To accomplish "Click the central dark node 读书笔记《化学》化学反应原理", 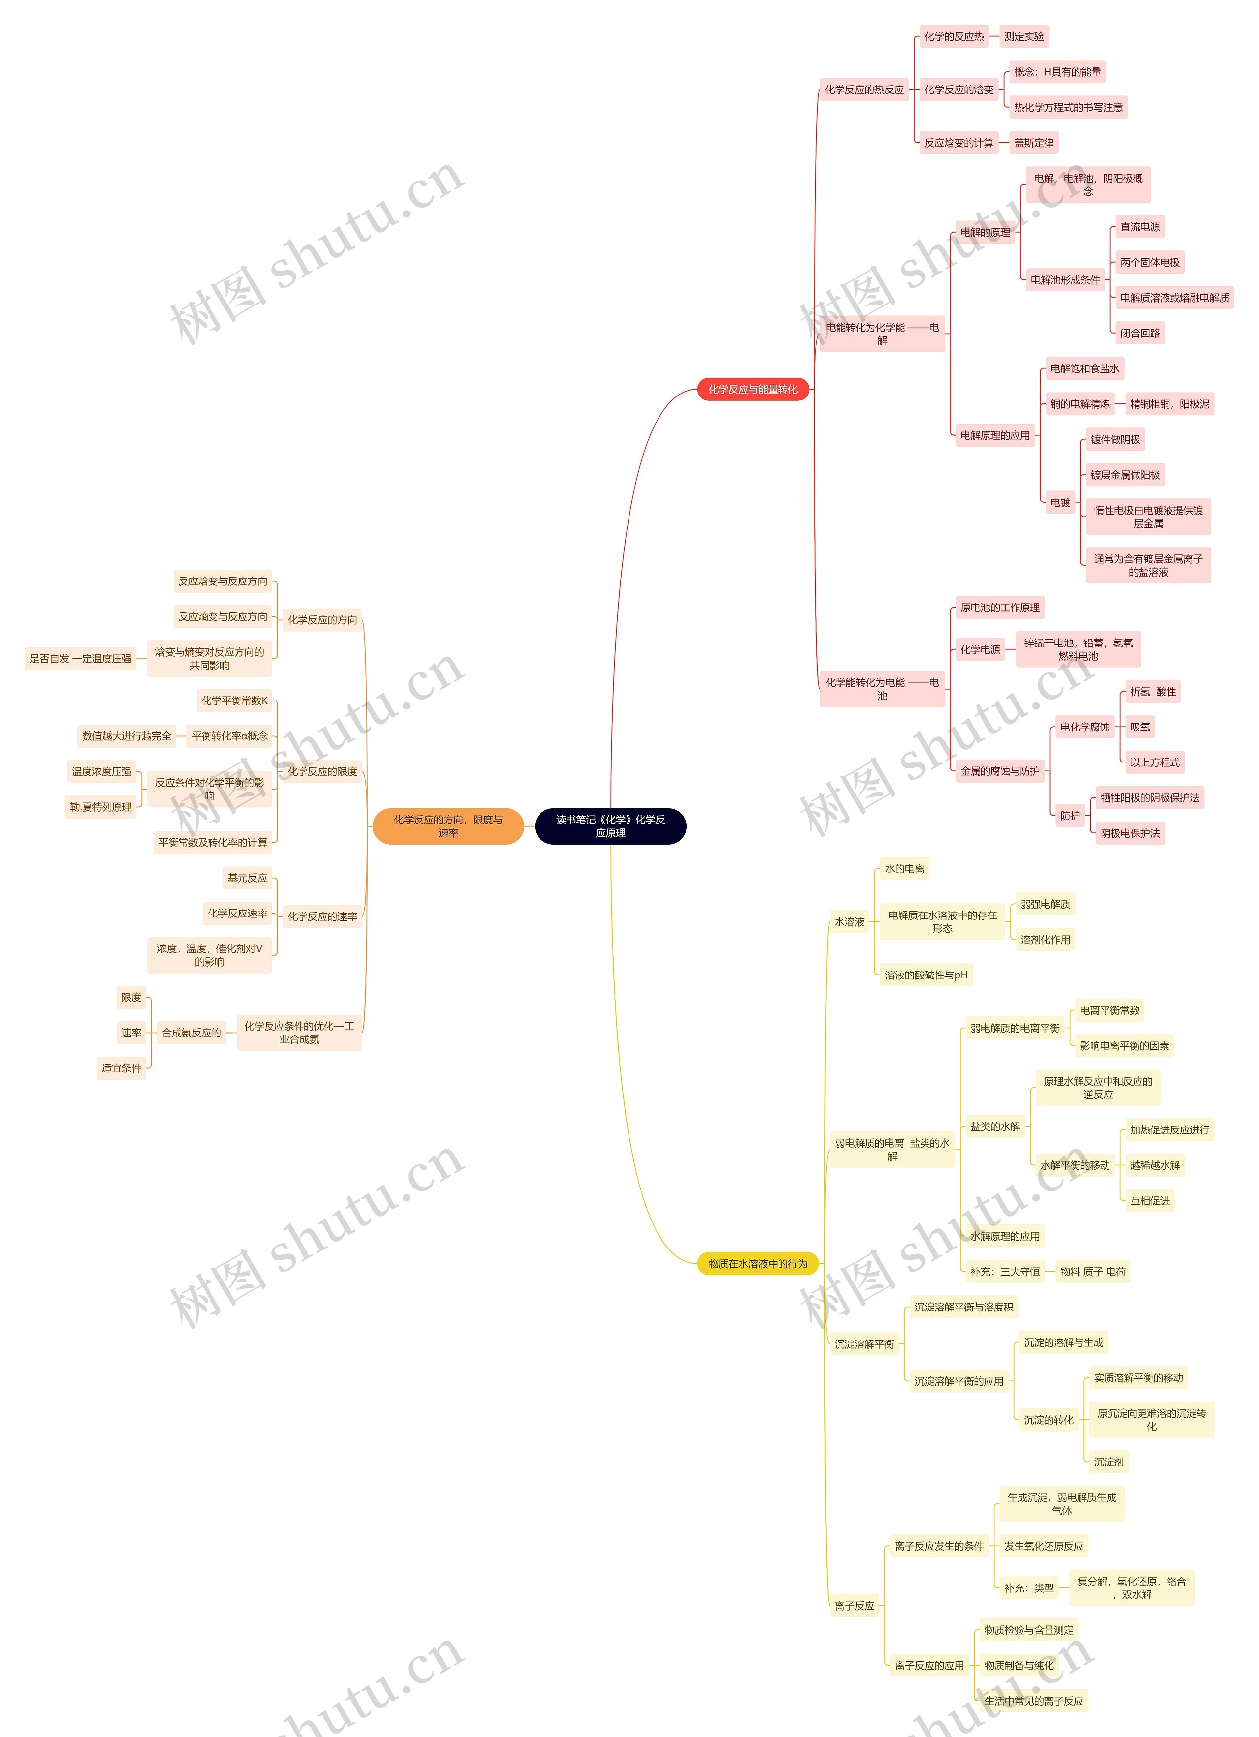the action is pyautogui.click(x=610, y=825).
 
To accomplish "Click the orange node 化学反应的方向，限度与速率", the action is pyautogui.click(x=448, y=825).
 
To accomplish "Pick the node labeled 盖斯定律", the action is pyautogui.click(x=1033, y=143).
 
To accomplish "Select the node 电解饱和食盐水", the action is pyautogui.click(x=1084, y=368).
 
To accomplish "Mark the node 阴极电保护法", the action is pyautogui.click(x=1130, y=833).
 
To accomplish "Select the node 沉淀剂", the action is pyautogui.click(x=1108, y=1462).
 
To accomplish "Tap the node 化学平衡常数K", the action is pyautogui.click(x=234, y=700).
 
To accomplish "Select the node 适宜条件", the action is pyautogui.click(x=121, y=1067).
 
